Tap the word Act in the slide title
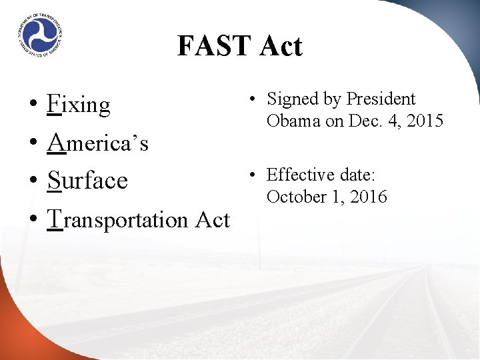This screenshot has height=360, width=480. pyautogui.click(x=281, y=46)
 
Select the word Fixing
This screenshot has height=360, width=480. pyautogui.click(x=79, y=105)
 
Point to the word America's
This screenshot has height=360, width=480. pyautogui.click(x=98, y=143)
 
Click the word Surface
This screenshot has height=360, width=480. pyautogui.click(x=87, y=181)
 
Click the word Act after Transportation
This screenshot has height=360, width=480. pyautogui.click(x=212, y=219)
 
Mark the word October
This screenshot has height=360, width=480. pyautogui.click(x=294, y=197)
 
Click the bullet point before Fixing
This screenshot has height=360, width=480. pyautogui.click(x=33, y=106)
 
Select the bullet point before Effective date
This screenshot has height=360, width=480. pyautogui.click(x=252, y=175)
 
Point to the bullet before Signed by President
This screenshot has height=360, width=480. pyautogui.click(x=252, y=100)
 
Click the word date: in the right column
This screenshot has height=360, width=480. pyautogui.click(x=358, y=175)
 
